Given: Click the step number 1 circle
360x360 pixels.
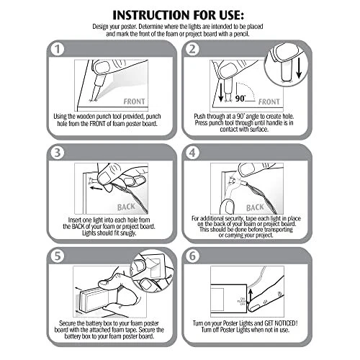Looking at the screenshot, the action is tap(58, 49).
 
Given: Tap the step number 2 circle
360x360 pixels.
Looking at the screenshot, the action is tap(192, 49).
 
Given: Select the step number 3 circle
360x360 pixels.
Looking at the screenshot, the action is tap(58, 153).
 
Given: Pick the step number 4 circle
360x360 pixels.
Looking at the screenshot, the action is tap(192, 153).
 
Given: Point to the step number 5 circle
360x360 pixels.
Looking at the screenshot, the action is tap(58, 256).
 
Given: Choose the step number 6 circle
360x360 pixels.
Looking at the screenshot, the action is tap(192, 256).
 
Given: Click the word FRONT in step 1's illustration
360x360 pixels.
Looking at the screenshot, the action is tap(134, 102).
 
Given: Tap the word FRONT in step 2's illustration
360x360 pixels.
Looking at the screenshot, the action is tap(269, 102).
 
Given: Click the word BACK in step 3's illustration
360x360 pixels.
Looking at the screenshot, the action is tap(126, 207).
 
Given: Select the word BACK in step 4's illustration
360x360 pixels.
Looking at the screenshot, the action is tap(255, 207).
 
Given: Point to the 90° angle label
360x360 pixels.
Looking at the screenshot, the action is tap(240, 99).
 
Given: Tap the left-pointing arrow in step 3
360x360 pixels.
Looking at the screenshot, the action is tap(96, 188).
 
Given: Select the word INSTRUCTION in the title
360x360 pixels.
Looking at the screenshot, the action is tap(151, 15).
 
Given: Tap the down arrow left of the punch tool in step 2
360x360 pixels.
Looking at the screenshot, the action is tap(221, 91).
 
